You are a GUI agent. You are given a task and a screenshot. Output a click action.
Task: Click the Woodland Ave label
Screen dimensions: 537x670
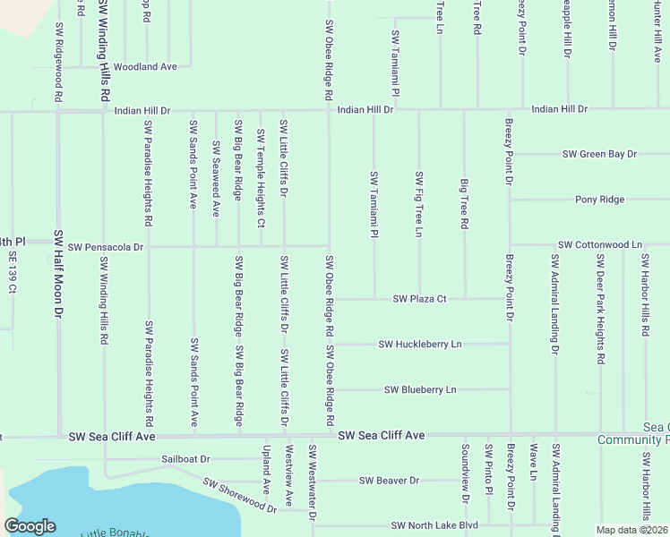tap(145, 67)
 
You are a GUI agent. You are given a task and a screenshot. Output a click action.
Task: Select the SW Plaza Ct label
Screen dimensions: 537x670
tap(419, 299)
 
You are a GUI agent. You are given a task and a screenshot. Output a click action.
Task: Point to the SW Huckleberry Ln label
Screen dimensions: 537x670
tap(420, 344)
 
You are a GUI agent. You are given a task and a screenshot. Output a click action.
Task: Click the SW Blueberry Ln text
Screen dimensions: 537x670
tap(420, 389)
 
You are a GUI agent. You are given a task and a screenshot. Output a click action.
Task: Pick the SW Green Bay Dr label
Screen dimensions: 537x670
tap(599, 154)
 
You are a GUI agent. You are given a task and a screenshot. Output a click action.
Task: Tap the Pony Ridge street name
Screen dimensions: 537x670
tap(600, 200)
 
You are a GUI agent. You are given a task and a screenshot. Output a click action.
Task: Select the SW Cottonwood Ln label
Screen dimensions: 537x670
tap(600, 244)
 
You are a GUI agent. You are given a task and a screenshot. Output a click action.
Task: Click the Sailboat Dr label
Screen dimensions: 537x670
tap(185, 459)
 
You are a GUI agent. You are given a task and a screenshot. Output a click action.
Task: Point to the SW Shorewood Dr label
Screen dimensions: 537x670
tap(239, 495)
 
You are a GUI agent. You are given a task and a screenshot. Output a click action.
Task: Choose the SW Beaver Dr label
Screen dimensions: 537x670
tap(390, 481)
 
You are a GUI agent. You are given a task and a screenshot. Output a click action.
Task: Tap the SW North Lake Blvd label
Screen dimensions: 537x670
tap(434, 525)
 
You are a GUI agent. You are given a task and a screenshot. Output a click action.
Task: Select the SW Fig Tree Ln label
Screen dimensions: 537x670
tap(418, 204)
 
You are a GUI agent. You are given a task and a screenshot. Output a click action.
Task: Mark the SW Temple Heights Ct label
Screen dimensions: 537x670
tap(261, 177)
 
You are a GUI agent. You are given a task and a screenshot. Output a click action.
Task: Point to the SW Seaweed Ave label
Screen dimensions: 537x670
tap(216, 178)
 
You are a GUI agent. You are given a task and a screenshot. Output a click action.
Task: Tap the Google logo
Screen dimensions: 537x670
tap(30, 526)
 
